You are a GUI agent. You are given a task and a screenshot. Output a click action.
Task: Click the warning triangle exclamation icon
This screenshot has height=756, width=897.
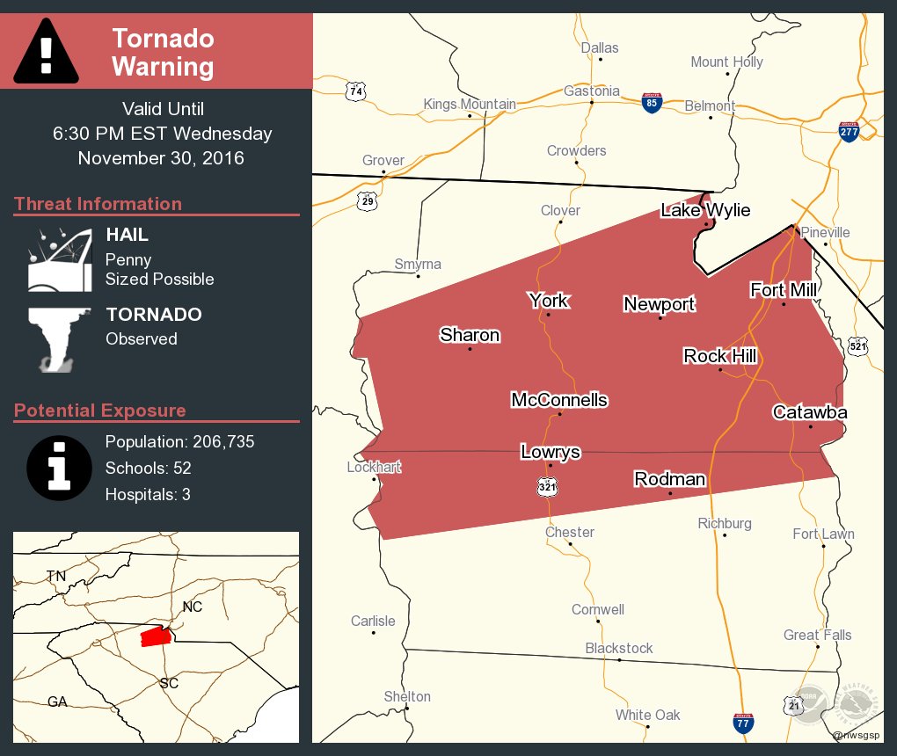[47, 50]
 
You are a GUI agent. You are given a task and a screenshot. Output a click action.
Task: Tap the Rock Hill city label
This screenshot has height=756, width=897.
[720, 356]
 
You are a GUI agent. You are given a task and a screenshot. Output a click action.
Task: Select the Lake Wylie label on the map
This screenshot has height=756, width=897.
[705, 210]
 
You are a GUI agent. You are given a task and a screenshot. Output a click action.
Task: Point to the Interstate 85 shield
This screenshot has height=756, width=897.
[651, 104]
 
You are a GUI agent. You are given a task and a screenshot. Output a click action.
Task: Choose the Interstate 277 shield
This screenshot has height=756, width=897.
[849, 132]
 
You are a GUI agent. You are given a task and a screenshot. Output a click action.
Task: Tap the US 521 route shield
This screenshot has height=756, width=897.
[857, 345]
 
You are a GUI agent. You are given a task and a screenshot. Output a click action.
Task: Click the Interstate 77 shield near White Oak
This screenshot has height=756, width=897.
[743, 723]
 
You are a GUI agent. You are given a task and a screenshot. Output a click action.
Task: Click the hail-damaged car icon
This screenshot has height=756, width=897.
[59, 260]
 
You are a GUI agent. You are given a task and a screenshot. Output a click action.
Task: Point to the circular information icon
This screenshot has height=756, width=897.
[59, 467]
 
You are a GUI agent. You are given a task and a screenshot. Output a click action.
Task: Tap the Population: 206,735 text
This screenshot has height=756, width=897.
[179, 442]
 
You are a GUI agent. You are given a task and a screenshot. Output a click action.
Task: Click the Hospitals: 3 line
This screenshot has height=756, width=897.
[148, 495]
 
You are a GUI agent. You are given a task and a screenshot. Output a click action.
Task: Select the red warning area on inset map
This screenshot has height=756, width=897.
[155, 636]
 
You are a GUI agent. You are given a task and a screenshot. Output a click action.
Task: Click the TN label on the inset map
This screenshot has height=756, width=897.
[56, 576]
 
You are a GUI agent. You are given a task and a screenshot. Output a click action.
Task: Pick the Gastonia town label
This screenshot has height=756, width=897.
[591, 91]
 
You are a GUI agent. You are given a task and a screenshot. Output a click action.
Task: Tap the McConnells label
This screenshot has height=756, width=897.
[559, 401]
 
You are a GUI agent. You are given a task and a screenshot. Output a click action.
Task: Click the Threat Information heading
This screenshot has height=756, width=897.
[98, 204]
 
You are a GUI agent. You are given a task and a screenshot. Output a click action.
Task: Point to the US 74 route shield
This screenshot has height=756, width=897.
[355, 91]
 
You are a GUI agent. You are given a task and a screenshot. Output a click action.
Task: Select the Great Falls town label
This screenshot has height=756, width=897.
[817, 636]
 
